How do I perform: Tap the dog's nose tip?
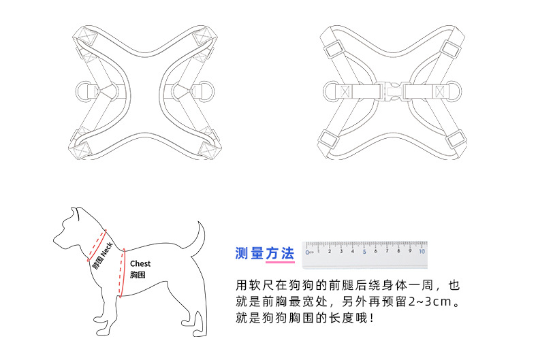(x=55, y=241)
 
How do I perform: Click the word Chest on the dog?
(x=140, y=263)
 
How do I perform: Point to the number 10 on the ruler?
(x=422, y=250)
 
